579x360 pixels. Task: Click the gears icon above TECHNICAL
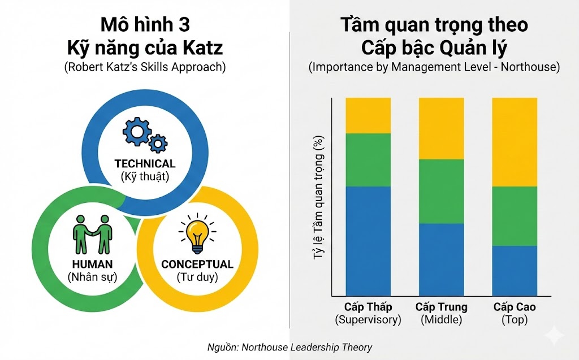[x=145, y=135]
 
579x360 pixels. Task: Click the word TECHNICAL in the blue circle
[x=145, y=163]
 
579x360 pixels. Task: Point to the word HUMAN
[x=92, y=264]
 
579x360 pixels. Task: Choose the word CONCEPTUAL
[x=197, y=264]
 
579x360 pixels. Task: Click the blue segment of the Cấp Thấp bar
[x=368, y=240]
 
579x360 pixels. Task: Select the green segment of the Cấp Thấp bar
[x=368, y=160]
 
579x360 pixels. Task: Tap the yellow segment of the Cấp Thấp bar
[x=368, y=115]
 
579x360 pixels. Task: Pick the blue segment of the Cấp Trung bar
[x=441, y=259]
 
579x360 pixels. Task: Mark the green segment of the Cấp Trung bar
[x=441, y=191]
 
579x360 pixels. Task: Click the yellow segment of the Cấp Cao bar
[x=514, y=141]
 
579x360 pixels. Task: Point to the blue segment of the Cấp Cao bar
[x=514, y=270]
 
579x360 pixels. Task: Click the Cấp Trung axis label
[x=441, y=307]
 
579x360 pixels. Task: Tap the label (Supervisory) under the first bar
[x=368, y=320]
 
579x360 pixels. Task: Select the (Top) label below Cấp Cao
[x=514, y=320]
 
